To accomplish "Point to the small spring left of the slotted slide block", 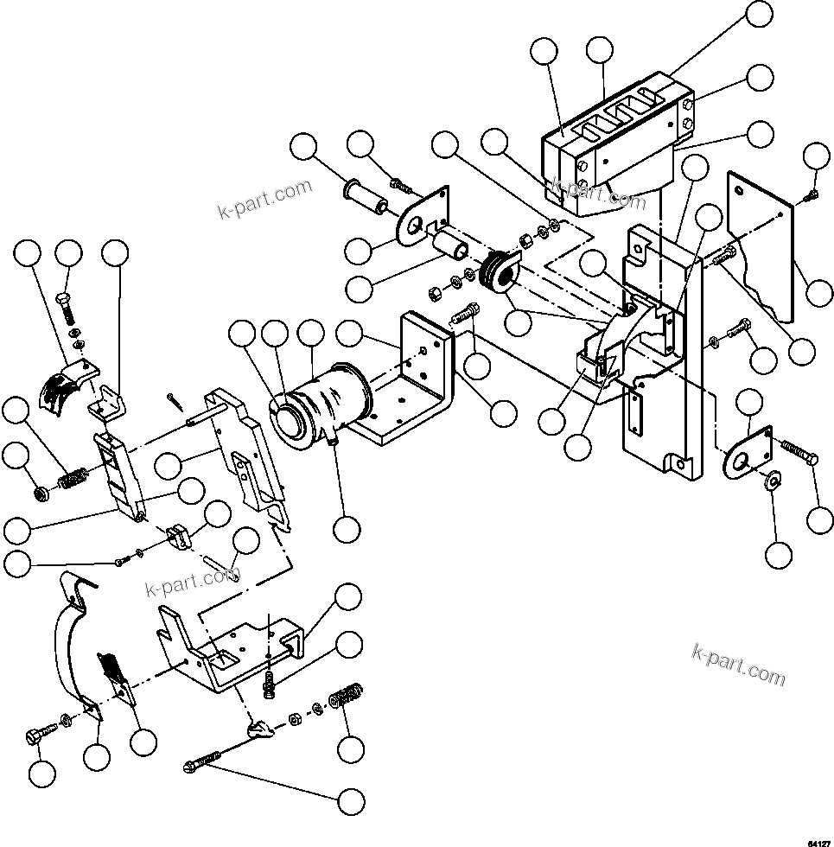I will point(72,476).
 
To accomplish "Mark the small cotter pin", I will point(176,399).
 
